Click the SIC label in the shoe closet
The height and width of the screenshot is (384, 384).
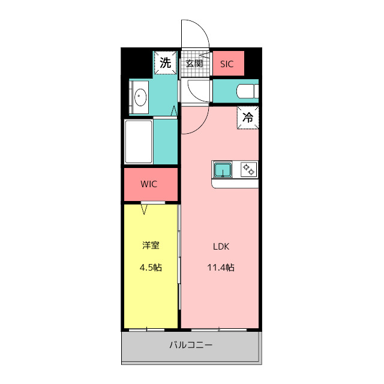click(x=227, y=64)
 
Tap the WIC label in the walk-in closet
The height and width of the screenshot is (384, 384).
click(x=149, y=184)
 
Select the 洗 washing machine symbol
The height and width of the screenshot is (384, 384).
click(x=166, y=62)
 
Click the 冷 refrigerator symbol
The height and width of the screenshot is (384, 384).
click(x=248, y=118)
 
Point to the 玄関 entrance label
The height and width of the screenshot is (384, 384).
click(x=194, y=64)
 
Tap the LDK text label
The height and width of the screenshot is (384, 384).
click(x=221, y=247)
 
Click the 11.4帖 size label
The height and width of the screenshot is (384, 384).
click(x=221, y=267)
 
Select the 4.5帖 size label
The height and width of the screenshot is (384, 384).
click(x=151, y=268)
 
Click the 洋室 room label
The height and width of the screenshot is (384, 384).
click(x=151, y=245)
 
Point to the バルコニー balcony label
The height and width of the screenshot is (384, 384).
click(x=191, y=345)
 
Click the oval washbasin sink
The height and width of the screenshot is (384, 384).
click(x=140, y=97)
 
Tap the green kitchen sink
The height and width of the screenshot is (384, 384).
click(x=223, y=170)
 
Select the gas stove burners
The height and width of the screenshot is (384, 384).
click(x=249, y=169)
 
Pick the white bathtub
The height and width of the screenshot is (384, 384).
click(x=139, y=142)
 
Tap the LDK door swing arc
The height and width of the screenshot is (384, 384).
click(x=201, y=127)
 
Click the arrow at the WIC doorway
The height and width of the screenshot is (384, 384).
click(x=144, y=210)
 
